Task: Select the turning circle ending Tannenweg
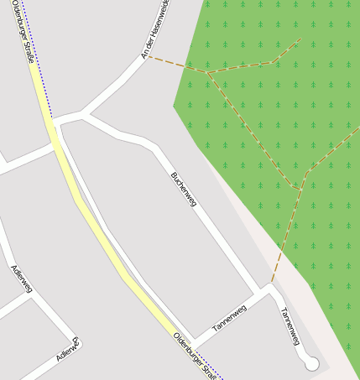311,364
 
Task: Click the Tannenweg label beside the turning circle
290,325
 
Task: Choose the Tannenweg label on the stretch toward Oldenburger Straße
229,319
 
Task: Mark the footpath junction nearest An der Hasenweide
207,73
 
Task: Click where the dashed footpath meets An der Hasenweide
149,57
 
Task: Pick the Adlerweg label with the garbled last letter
67,350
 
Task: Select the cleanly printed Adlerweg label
21,278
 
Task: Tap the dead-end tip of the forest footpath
300,38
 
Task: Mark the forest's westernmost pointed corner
174,107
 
